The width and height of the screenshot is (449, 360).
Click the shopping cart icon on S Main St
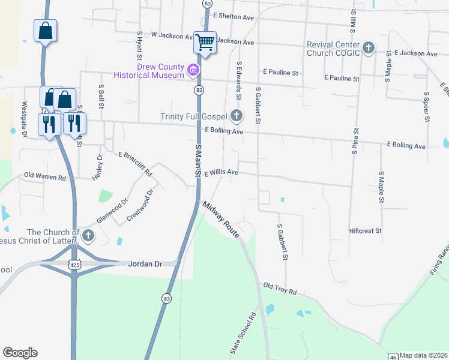click(x=205, y=43)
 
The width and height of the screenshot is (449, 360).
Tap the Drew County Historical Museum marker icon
click(x=193, y=71)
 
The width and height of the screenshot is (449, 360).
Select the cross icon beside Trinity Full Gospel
click(x=236, y=116)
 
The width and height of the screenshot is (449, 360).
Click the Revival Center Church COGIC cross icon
click(x=369, y=48)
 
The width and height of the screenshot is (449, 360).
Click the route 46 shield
click(x=393, y=355)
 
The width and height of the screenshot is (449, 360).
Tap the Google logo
click(x=20, y=353)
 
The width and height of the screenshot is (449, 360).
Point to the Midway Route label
click(x=221, y=218)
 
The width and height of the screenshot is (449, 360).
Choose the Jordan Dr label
click(x=145, y=263)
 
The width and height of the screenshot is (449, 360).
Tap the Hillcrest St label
click(x=366, y=230)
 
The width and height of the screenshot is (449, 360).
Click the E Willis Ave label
click(x=221, y=173)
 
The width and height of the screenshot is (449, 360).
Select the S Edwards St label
click(x=239, y=80)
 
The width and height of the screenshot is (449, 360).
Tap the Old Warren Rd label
click(x=44, y=177)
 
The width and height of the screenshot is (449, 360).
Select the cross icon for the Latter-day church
click(x=88, y=235)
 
